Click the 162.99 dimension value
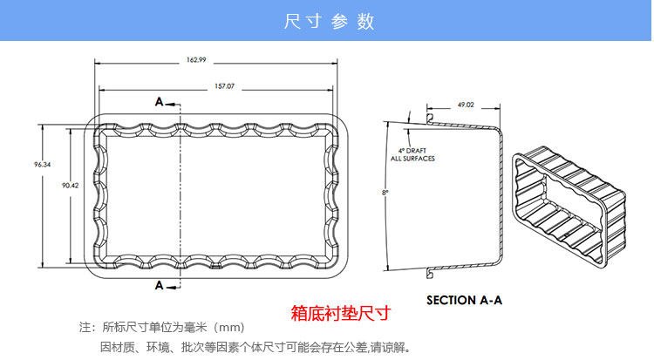pos(195,59)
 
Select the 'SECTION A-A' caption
pos(464,300)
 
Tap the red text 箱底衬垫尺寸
pos(339,312)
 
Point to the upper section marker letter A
pos(160,102)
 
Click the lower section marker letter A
pos(160,285)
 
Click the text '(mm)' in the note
pos(230,328)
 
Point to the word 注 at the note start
pos(85,328)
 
